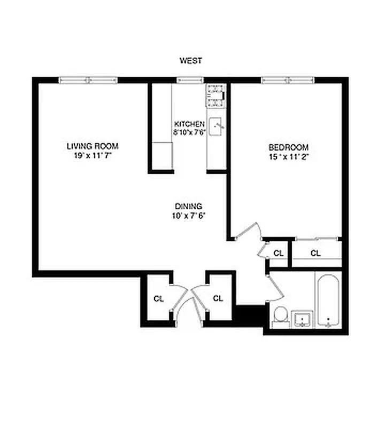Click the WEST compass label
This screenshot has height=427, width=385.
point(190,61)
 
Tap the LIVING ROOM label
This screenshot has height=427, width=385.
point(93,146)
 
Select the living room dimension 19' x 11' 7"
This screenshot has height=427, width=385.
point(93,155)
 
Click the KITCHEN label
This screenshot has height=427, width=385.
point(189,124)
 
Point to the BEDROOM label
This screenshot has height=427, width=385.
point(289,147)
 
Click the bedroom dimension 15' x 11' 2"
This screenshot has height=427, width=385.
point(289,157)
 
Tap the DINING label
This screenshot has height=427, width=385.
point(188,206)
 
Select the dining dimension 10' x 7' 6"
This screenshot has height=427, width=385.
point(188,216)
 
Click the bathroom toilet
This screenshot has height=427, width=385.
point(279,315)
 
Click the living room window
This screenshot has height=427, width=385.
point(88,80)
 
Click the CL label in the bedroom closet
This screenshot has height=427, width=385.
point(315,253)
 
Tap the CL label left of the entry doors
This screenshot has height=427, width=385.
point(158,299)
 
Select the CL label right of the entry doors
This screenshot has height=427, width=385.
point(218,298)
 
